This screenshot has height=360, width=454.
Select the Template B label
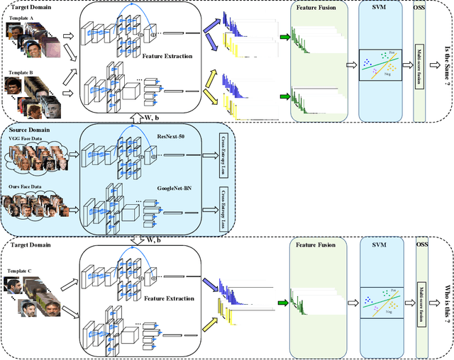pos(19,73)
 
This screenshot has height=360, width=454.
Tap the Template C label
pos(19,271)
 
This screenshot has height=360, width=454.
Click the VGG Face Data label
pos(24,139)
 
